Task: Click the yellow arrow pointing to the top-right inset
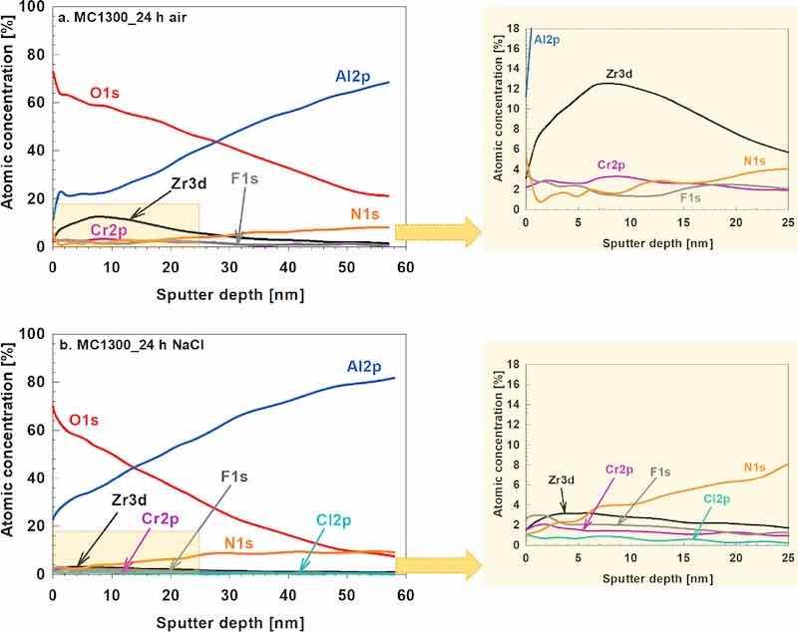tap(437, 232)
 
